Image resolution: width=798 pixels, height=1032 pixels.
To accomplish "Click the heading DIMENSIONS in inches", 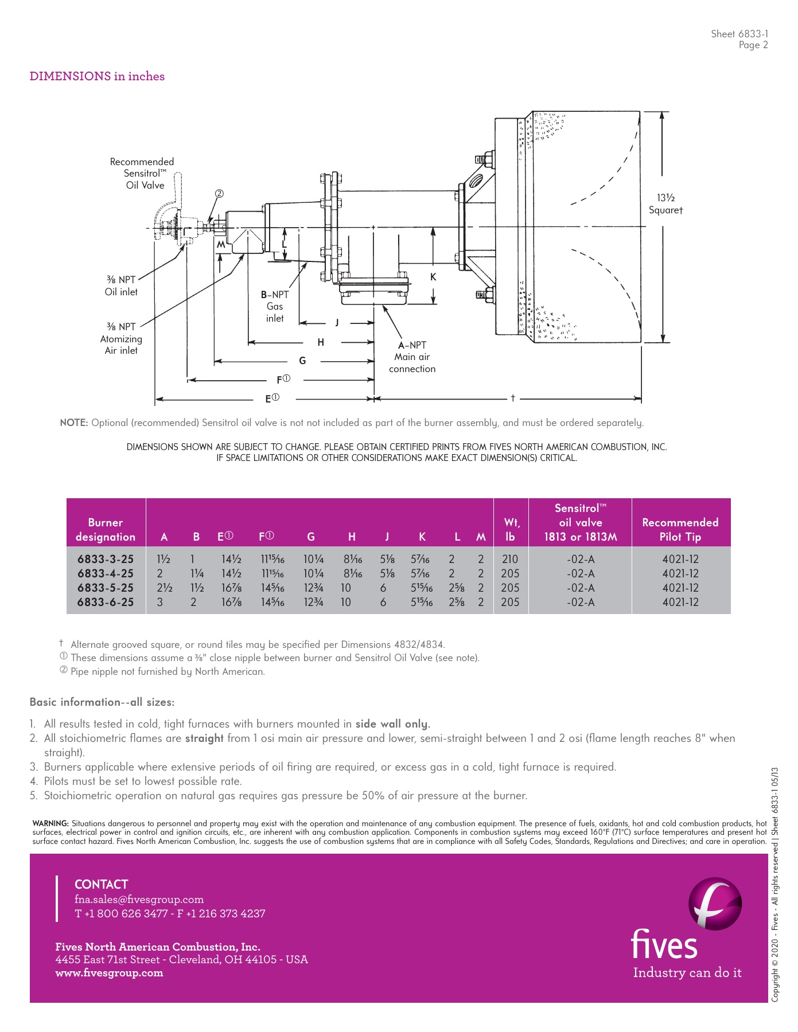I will (x=97, y=76).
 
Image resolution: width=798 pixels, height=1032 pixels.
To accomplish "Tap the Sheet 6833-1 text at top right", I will (x=739, y=34).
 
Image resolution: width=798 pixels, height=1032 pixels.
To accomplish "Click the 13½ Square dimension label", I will (x=665, y=204).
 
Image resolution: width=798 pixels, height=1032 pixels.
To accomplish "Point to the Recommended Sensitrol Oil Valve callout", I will (x=142, y=173).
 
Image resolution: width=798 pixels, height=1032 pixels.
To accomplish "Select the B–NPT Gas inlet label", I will (x=275, y=306).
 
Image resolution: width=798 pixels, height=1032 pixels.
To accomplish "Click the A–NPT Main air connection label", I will (x=412, y=357).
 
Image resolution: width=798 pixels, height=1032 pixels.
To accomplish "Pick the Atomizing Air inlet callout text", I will (x=121, y=339).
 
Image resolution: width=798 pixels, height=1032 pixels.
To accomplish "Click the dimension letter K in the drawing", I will (x=433, y=277).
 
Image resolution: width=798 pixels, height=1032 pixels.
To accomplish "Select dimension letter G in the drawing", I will (x=302, y=361).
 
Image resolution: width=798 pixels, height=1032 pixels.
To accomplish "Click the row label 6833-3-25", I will (x=106, y=559).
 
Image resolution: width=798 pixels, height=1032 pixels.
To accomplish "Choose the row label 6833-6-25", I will (x=106, y=602).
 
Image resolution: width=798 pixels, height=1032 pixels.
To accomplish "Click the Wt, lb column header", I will (x=511, y=529).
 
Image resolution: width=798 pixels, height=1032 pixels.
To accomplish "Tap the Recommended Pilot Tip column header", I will (x=680, y=529).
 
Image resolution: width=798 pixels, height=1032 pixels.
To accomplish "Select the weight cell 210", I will (x=509, y=559).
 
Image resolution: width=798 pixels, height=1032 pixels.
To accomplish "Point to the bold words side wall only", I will (x=392, y=724).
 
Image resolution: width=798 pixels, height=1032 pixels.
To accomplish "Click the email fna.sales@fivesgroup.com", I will (x=139, y=899).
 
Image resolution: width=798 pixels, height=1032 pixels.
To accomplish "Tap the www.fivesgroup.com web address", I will (x=109, y=973).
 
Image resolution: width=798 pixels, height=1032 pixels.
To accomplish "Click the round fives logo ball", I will (x=714, y=902).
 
